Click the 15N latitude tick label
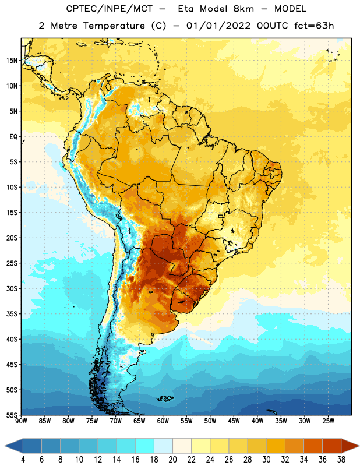(x=12, y=61)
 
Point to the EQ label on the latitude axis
(x=13, y=137)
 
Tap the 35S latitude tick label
(x=12, y=314)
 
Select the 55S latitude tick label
(x=12, y=415)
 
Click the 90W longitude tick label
(x=21, y=421)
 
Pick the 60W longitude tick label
(x=163, y=421)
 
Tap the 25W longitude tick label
(x=329, y=421)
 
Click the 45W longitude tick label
(x=234, y=421)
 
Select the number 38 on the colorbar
(x=341, y=460)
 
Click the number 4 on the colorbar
(x=23, y=460)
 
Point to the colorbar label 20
(x=172, y=460)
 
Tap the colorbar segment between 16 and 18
(x=145, y=446)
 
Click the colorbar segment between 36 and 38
(x=332, y=446)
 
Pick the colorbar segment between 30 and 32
(x=276, y=446)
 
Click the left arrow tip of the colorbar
(x=5, y=446)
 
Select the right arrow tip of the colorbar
(x=359, y=446)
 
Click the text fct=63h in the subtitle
(x=314, y=26)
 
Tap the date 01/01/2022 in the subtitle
(x=218, y=26)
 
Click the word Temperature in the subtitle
(x=114, y=26)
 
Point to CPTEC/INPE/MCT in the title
(x=109, y=9)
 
